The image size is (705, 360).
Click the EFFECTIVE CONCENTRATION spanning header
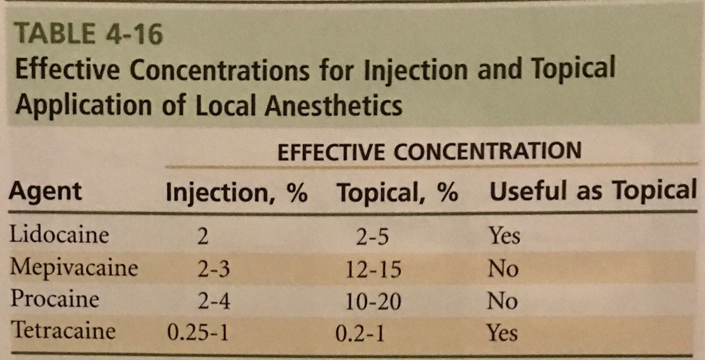point(429,152)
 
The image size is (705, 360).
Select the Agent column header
point(45,191)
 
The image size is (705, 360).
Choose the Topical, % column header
point(398,192)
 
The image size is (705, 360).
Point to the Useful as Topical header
point(591,191)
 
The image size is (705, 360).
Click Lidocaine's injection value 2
point(203,237)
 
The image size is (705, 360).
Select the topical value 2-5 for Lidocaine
point(372,237)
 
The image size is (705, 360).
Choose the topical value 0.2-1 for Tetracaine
point(359,333)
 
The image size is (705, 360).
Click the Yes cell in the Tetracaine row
point(503,331)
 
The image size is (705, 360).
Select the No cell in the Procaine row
point(503,300)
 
